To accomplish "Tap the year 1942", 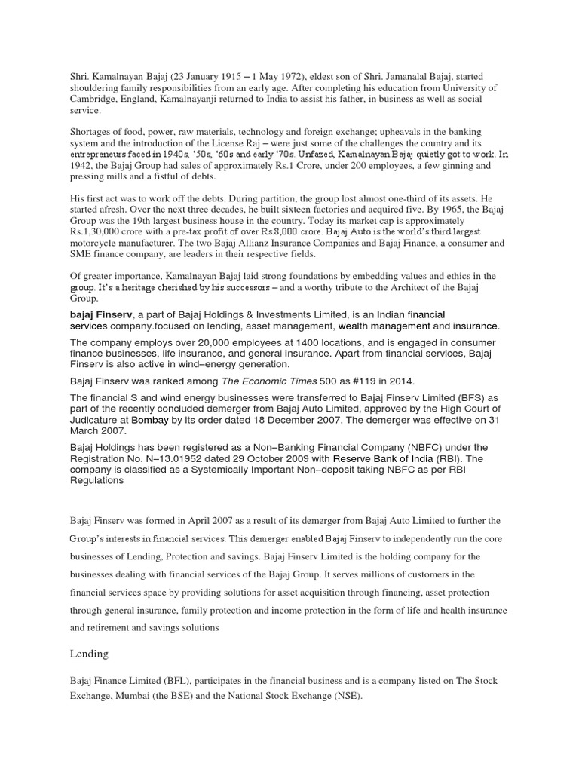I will tap(81, 165).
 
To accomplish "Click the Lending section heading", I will tap(90, 653).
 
